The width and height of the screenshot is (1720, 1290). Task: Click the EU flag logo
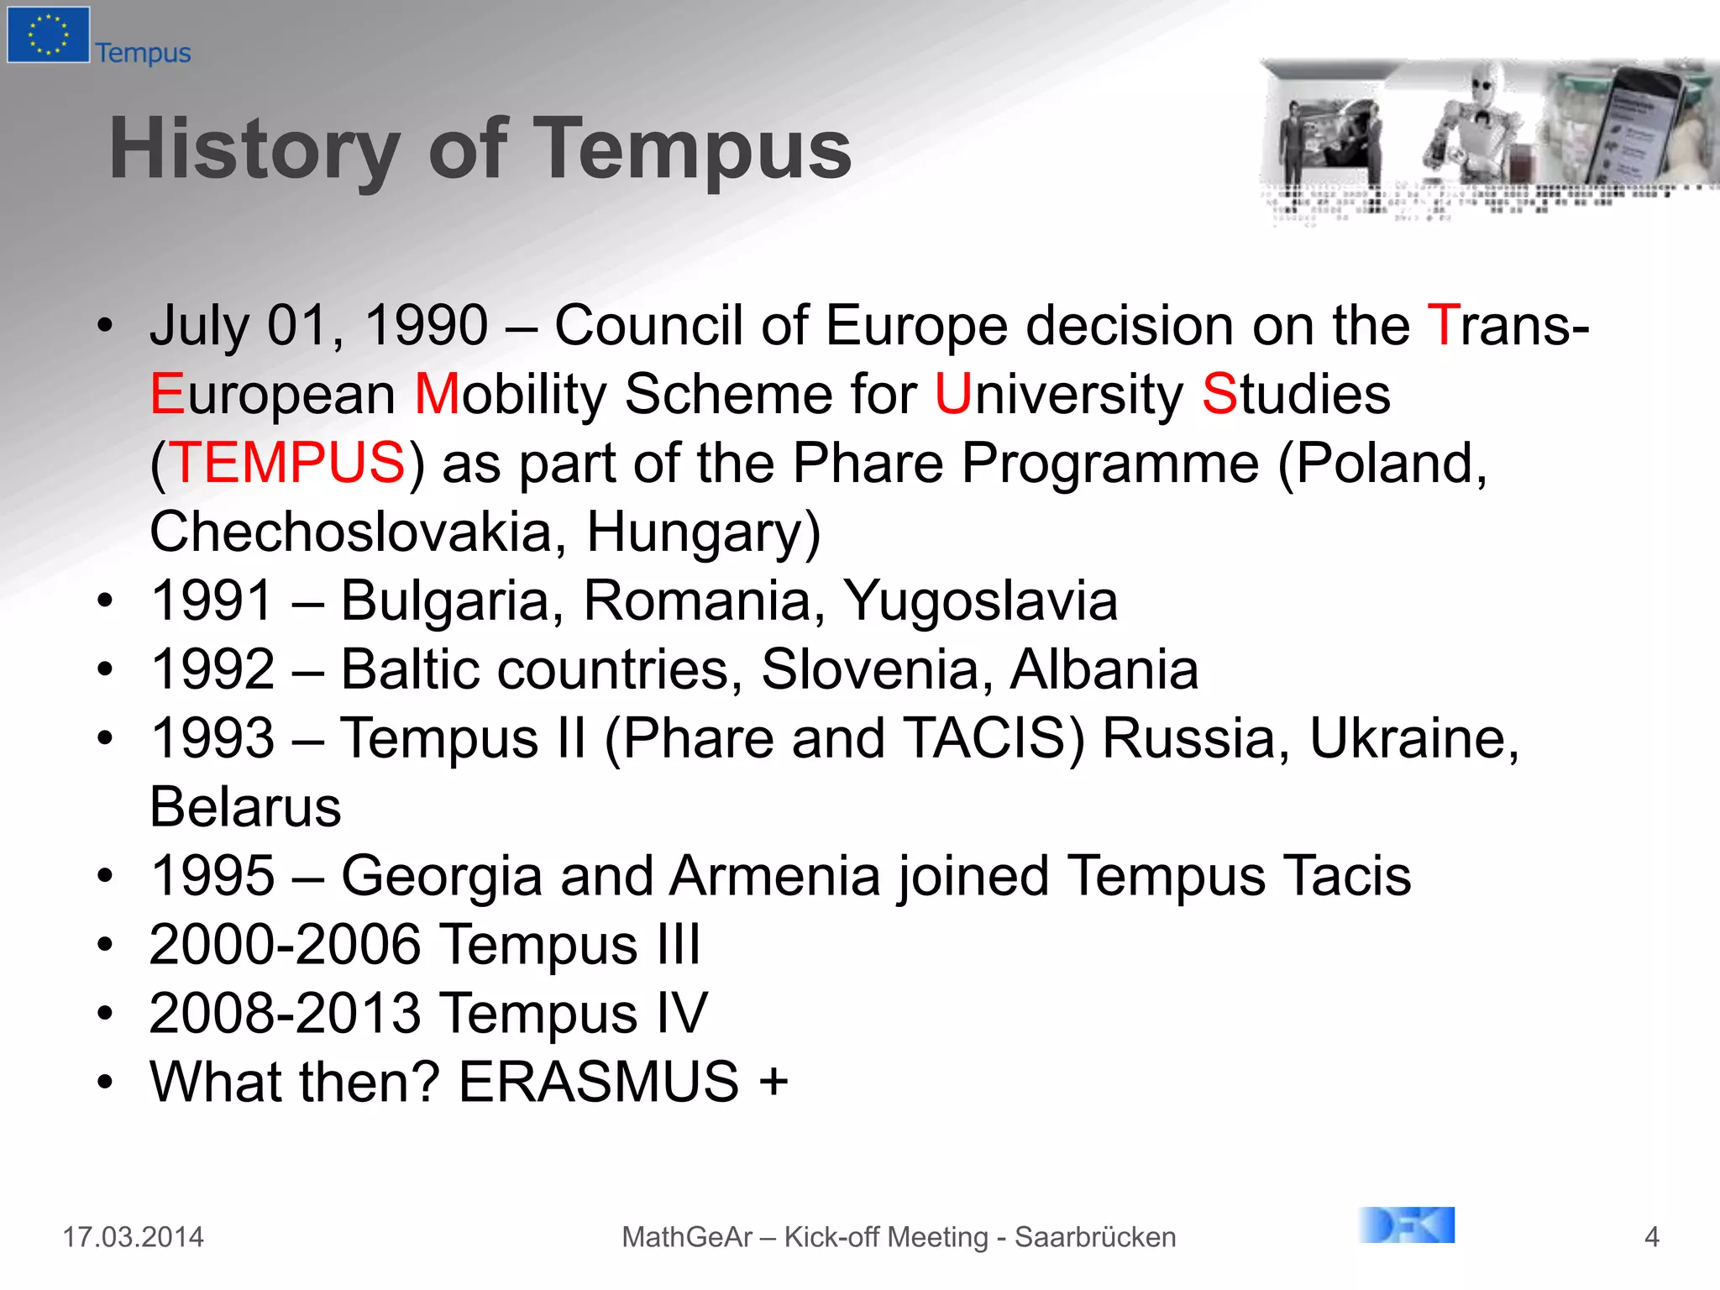click(x=48, y=34)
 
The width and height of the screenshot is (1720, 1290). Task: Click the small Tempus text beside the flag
click(x=143, y=53)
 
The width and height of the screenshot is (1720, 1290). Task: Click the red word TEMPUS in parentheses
click(x=287, y=463)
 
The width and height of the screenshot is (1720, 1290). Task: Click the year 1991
click(x=212, y=600)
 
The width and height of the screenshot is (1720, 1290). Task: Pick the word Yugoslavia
click(x=980, y=600)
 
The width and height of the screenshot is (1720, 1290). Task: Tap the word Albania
click(x=1104, y=669)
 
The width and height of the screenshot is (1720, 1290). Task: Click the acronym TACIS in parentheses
click(x=984, y=738)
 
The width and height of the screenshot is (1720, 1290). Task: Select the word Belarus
click(x=245, y=807)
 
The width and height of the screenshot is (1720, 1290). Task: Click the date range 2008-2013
click(x=285, y=1014)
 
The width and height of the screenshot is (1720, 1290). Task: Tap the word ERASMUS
click(x=598, y=1082)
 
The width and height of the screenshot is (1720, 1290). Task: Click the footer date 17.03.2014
click(x=133, y=1237)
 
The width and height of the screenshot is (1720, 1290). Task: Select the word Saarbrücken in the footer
click(x=1095, y=1237)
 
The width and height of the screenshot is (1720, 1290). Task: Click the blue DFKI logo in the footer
click(x=1407, y=1225)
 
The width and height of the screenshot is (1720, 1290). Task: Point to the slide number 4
click(x=1651, y=1237)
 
